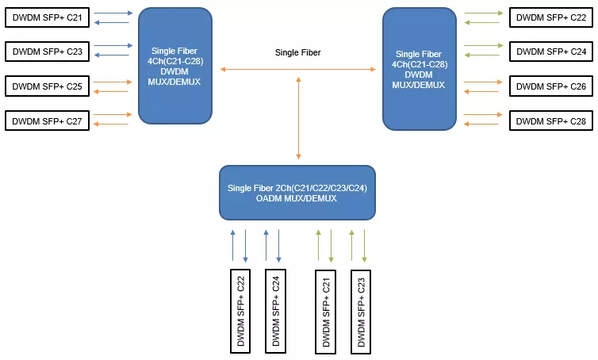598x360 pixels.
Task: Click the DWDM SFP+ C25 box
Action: (47, 86)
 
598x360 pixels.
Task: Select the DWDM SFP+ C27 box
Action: (47, 121)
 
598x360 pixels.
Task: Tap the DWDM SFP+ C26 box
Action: (551, 86)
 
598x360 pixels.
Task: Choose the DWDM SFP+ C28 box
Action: (551, 121)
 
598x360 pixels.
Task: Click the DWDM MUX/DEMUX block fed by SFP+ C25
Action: (175, 66)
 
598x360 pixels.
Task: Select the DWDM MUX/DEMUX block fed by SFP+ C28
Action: (420, 69)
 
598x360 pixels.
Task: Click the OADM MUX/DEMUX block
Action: (297, 193)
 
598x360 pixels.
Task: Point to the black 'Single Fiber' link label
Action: (298, 52)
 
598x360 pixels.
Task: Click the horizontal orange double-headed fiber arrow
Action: (298, 70)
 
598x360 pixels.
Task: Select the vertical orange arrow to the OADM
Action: (299, 118)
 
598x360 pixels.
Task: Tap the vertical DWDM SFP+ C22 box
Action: (240, 311)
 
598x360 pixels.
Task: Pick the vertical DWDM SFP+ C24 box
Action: (275, 311)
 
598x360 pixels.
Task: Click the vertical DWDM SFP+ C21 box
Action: (326, 312)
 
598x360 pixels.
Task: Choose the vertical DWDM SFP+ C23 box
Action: (361, 312)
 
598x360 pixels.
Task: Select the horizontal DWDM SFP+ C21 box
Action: (47, 17)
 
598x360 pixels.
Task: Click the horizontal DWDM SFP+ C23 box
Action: (47, 52)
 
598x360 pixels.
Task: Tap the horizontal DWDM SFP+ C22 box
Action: (551, 17)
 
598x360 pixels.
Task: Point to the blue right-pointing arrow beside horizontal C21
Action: (113, 13)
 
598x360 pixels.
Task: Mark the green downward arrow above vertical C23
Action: (364, 246)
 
